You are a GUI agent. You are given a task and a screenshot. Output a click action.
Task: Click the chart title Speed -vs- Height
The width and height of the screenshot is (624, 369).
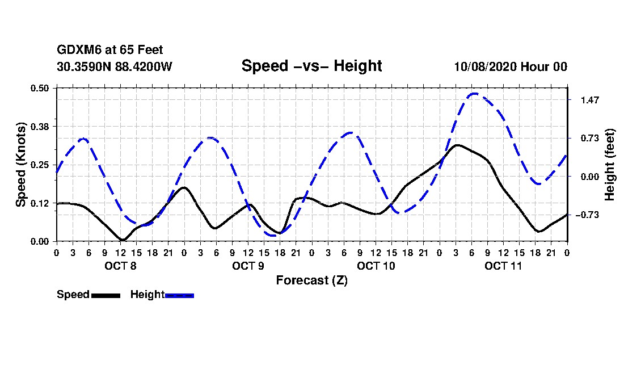click(311, 66)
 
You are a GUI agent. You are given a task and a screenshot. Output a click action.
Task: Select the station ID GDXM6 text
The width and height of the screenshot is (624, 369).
click(77, 50)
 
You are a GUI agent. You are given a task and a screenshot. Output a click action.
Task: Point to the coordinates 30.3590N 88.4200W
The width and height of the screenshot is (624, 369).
click(114, 66)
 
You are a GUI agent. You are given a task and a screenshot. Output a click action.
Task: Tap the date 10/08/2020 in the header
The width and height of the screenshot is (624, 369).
click(484, 66)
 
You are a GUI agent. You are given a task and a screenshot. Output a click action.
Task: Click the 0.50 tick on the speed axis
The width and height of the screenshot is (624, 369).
click(40, 88)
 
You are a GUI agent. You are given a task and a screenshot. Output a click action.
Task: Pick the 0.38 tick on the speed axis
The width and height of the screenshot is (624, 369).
click(40, 126)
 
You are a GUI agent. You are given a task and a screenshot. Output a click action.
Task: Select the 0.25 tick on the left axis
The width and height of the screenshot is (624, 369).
click(40, 165)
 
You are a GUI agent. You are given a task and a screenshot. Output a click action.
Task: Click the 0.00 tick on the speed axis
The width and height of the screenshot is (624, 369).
click(40, 241)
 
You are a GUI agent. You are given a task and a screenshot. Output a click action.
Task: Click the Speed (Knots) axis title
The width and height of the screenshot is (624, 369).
click(21, 165)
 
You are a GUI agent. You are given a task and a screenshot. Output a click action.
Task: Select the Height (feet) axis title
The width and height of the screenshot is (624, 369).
click(610, 165)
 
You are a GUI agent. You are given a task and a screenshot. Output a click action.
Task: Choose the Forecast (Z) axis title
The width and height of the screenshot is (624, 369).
click(311, 280)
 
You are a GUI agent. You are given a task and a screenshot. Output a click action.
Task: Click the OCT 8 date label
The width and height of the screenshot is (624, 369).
click(120, 266)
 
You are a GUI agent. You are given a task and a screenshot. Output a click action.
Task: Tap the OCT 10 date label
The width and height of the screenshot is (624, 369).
click(376, 266)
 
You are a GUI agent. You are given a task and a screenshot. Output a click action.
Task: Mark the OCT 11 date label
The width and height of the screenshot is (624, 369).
click(503, 266)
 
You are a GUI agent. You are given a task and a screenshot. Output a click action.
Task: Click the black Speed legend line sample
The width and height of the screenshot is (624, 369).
click(106, 295)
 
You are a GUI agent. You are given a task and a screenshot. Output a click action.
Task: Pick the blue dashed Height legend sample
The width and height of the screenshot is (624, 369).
click(180, 295)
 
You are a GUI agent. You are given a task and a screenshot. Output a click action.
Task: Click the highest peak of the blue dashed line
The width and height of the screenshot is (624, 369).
click(474, 94)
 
